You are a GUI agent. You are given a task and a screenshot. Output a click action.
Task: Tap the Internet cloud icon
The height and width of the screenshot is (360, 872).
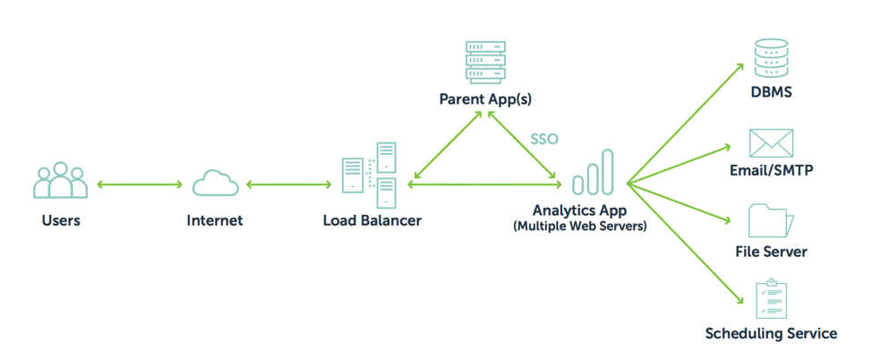tap(216, 183)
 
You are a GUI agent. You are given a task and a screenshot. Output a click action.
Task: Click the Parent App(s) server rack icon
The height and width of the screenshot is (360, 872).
tap(485, 62)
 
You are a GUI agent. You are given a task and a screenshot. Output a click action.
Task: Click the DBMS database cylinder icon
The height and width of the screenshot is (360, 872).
tap(770, 58)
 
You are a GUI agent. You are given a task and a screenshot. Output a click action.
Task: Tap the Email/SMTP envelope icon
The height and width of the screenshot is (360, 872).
tap(772, 143)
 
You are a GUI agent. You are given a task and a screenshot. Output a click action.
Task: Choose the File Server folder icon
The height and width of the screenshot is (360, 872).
tap(772, 220)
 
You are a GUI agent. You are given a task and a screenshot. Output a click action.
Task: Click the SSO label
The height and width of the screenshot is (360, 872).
tap(543, 139)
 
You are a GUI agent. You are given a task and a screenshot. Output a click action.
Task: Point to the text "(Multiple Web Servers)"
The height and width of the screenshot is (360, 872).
tap(580, 227)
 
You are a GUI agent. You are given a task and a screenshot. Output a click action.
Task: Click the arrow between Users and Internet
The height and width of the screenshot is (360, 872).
tap(140, 184)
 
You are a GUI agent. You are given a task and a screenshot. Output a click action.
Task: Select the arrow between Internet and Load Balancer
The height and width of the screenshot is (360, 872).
tap(288, 184)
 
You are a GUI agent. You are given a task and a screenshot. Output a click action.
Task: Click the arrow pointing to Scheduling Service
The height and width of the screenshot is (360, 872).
tap(685, 244)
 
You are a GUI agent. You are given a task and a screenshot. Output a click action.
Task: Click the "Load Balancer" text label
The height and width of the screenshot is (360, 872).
tap(372, 220)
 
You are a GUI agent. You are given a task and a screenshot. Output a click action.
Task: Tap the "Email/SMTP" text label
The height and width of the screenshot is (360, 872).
tap(772, 170)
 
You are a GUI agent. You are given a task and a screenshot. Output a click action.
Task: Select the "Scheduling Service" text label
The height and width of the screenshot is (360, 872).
tap(771, 334)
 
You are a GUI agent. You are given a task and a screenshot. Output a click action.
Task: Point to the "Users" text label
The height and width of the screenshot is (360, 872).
tap(61, 220)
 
